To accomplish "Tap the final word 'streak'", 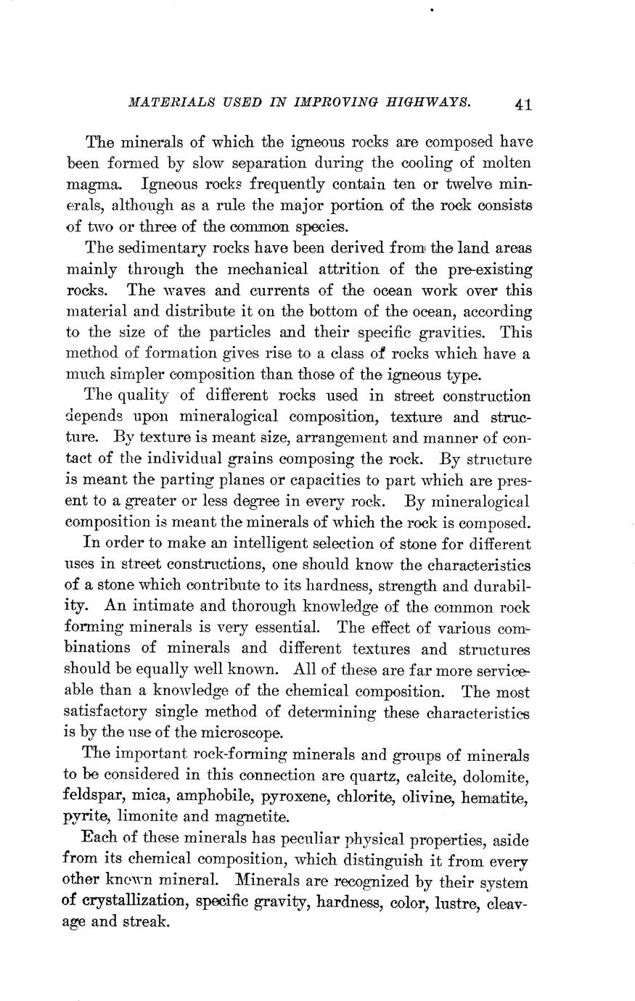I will (x=147, y=923).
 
